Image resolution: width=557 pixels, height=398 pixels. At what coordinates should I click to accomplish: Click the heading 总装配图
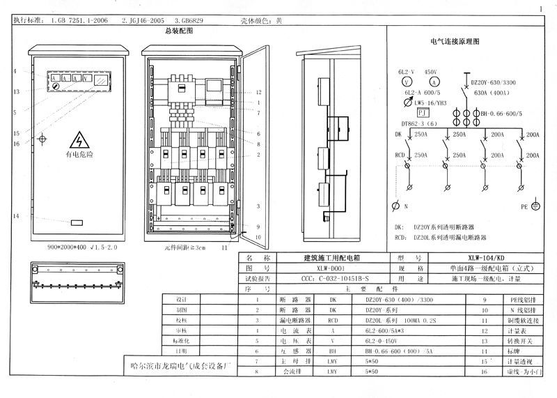coord(178,31)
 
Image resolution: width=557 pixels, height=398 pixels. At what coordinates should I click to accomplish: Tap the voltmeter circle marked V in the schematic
coord(407,82)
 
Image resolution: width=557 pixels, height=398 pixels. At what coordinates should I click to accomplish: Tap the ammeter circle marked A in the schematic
coord(432,82)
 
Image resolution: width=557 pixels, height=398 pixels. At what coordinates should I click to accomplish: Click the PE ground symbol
coord(535,206)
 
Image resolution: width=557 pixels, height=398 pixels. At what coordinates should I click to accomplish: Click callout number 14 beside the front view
coord(15,216)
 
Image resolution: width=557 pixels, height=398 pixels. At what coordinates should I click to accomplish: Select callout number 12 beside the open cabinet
coord(258,92)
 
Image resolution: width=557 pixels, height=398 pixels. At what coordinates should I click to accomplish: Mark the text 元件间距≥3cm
coord(184,247)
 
